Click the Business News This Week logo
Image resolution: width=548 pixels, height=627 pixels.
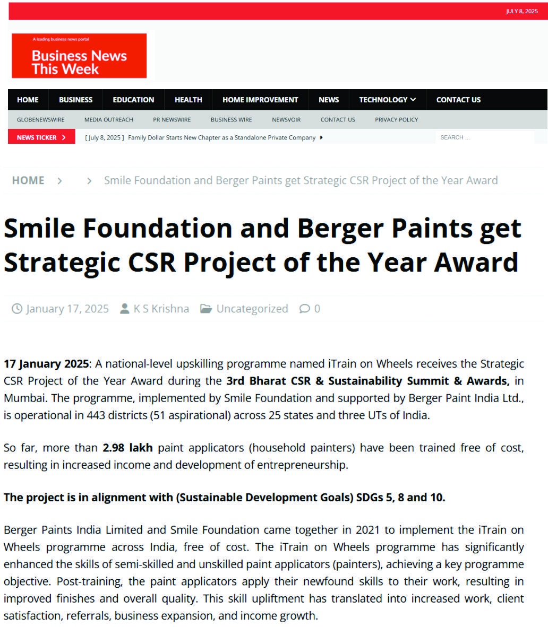coord(79,56)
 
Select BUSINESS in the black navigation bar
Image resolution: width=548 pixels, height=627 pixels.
coord(75,100)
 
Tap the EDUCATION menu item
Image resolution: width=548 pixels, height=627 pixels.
coord(133,100)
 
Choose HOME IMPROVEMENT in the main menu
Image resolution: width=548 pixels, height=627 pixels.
coord(260,100)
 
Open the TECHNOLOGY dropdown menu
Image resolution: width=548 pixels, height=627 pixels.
coord(387,100)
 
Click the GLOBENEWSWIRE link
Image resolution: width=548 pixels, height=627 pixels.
coord(40,120)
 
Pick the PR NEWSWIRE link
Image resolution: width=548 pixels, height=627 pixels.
coord(172,120)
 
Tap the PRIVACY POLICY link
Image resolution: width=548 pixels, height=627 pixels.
coord(396,120)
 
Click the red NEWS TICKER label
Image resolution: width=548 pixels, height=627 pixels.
coord(41,137)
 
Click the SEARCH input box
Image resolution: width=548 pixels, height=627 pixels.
coord(484,137)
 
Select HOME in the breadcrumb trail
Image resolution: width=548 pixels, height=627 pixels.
coord(28,180)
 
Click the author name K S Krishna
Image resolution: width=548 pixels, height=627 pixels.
coord(161,309)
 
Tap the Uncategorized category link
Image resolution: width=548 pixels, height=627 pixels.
coord(252,309)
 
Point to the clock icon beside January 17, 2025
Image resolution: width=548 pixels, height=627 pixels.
coord(17,309)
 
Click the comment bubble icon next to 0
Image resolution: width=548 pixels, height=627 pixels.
coord(304,309)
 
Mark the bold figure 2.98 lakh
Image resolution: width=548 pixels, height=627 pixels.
coord(127,448)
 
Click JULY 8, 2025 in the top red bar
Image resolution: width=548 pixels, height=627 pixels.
coord(521,11)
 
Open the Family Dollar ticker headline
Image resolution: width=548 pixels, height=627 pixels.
coord(221,137)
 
